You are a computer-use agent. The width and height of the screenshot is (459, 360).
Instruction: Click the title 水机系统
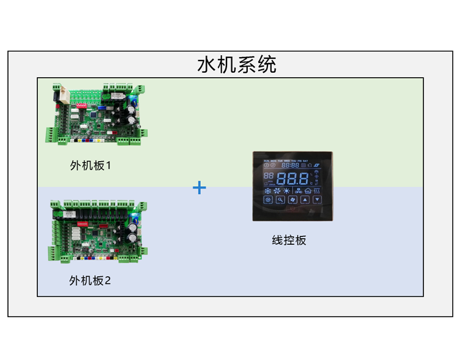(236, 64)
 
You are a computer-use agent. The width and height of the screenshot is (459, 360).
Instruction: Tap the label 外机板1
(90, 165)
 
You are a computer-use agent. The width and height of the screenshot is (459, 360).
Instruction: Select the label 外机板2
(90, 280)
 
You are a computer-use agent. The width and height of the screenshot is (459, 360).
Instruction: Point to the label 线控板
(289, 240)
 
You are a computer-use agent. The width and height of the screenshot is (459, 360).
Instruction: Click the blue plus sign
(200, 187)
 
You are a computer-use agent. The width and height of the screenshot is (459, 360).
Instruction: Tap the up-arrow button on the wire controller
(304, 200)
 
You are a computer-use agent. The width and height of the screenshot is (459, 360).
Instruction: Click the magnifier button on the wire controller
(280, 200)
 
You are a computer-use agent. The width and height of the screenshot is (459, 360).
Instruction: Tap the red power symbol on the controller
(293, 208)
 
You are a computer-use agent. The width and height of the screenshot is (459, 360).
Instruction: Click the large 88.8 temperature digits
(293, 179)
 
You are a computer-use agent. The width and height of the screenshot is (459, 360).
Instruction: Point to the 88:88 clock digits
(290, 165)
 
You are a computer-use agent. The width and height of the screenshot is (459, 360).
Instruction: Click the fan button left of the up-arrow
(292, 200)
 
